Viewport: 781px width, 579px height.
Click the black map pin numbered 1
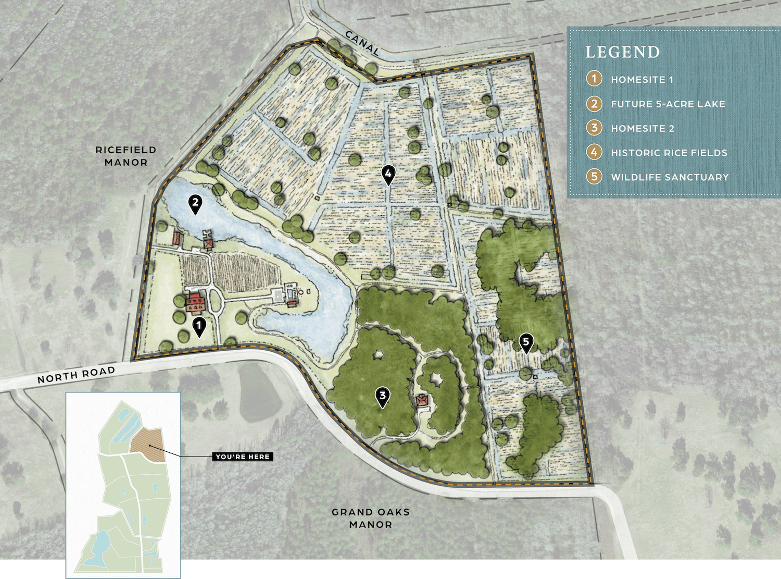click(x=199, y=327)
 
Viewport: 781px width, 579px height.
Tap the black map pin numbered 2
click(x=195, y=203)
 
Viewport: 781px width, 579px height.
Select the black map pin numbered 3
click(x=383, y=397)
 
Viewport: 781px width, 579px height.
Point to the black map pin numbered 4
click(x=388, y=175)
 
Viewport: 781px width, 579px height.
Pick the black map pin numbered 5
click(x=526, y=343)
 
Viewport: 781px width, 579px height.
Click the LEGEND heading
click(x=622, y=52)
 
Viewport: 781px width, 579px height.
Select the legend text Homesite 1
click(x=642, y=80)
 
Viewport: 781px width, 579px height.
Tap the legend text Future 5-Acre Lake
click(x=668, y=104)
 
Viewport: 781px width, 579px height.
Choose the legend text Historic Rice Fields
click(x=669, y=153)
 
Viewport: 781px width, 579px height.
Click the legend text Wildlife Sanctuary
click(x=670, y=177)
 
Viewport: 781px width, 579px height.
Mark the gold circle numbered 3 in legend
click(x=594, y=128)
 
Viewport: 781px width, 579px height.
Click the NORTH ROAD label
click(x=76, y=375)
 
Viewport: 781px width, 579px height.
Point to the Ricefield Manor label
click(x=126, y=156)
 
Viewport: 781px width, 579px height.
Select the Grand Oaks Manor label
click(x=371, y=518)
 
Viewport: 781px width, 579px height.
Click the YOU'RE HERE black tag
click(x=243, y=457)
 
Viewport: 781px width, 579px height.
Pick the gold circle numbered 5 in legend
click(x=594, y=177)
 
